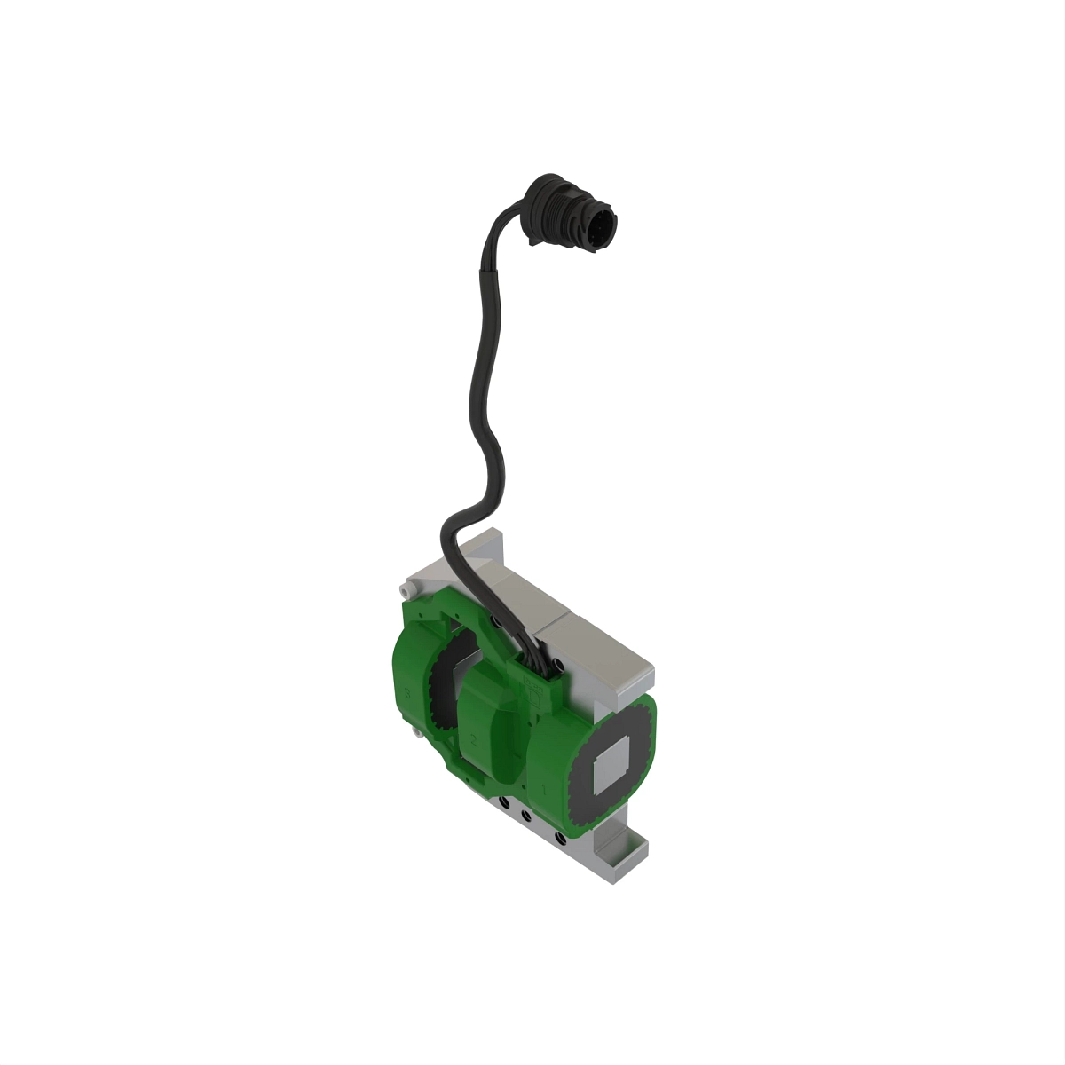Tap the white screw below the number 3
[x=415, y=733]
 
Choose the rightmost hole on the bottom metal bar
[x=559, y=837]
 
